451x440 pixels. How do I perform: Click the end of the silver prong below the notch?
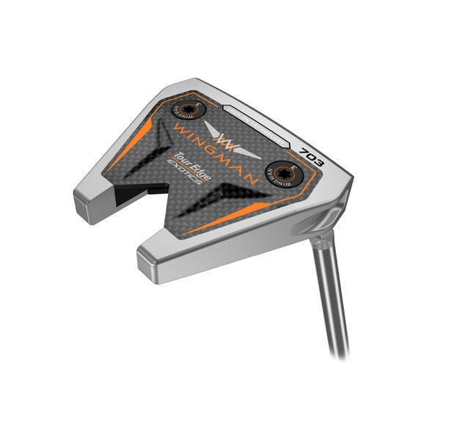[150, 254]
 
